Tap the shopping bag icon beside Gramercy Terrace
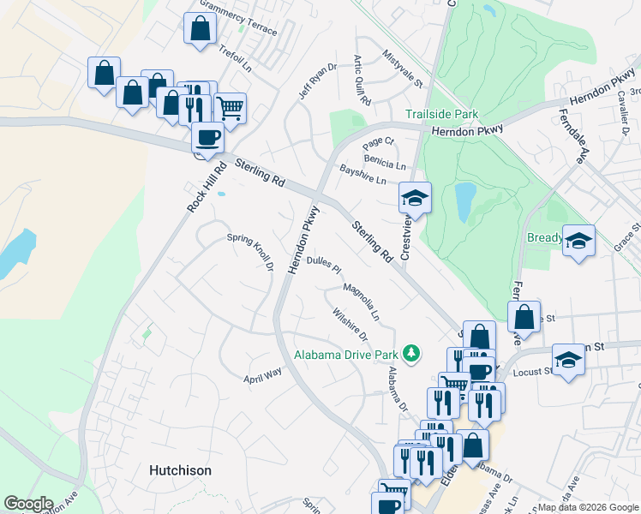pyautogui.click(x=200, y=28)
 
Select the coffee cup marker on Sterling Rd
pyautogui.click(x=207, y=137)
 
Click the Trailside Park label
pyautogui.click(x=442, y=115)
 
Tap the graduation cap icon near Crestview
pyautogui.click(x=415, y=199)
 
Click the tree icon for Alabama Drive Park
pyautogui.click(x=412, y=353)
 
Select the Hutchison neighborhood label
pyautogui.click(x=180, y=470)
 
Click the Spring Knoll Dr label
pyautogui.click(x=249, y=253)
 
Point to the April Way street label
pyautogui.click(x=263, y=375)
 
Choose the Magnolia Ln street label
pyautogui.click(x=361, y=298)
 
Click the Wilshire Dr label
pyautogui.click(x=351, y=323)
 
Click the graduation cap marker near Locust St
pyautogui.click(x=568, y=360)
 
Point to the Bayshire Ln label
pyautogui.click(x=362, y=175)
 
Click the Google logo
pyautogui.click(x=28, y=504)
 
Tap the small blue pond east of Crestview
pyautogui.click(x=465, y=202)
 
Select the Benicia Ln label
pyautogui.click(x=385, y=162)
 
